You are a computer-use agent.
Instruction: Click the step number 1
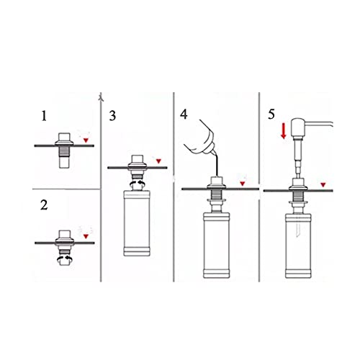pos(44,116)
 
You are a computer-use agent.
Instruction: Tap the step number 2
pos(44,205)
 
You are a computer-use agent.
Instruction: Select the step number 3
pos(112,116)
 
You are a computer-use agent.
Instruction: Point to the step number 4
pos(184,114)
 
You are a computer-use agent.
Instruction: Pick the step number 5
pos(271,114)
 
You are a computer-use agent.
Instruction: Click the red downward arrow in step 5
pos(284,131)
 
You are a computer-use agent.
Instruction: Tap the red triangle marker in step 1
pos(86,140)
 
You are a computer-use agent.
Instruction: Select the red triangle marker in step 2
pos(86,236)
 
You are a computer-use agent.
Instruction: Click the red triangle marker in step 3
pos(158,161)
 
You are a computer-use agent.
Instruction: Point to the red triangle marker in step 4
pos(243,184)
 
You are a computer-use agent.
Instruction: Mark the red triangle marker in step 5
pos(323,185)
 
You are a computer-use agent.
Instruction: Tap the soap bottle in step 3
pos(137,223)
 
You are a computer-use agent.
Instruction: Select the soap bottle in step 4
pos(217,245)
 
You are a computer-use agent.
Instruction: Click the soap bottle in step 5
pos(299,246)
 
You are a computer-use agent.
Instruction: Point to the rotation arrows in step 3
pos(138,184)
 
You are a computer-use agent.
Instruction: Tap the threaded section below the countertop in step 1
pos(64,152)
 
